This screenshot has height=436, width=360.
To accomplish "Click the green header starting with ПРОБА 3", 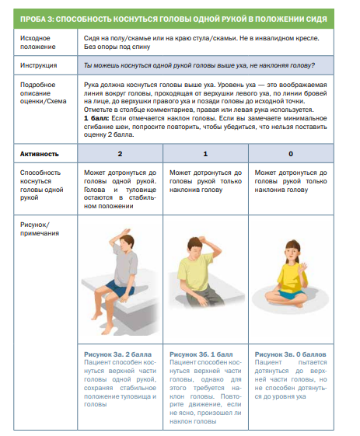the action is pyautogui.click(x=173, y=19).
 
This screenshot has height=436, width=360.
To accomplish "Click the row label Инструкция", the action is pyautogui.click(x=38, y=65).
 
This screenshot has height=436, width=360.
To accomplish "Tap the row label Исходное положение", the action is pyautogui.click(x=37, y=42).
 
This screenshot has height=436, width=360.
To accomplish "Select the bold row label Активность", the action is pyautogui.click(x=39, y=154).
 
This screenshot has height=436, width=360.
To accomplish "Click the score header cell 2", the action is pyautogui.click(x=120, y=154).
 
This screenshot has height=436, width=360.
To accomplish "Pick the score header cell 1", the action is pyautogui.click(x=205, y=154).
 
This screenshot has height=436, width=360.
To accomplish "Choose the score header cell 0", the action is pyautogui.click(x=291, y=154).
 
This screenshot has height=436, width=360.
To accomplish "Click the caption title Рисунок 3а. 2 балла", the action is pyautogui.click(x=117, y=354).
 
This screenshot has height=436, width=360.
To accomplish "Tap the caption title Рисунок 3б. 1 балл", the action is pyautogui.click(x=201, y=354).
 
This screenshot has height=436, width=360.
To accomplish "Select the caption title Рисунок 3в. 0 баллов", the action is pyautogui.click(x=290, y=354).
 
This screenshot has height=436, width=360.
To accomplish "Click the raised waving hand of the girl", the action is pyautogui.click(x=302, y=267).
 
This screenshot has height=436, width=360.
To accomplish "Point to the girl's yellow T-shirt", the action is pyautogui.click(x=292, y=277).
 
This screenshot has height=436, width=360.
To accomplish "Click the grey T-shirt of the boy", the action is pyautogui.click(x=125, y=267).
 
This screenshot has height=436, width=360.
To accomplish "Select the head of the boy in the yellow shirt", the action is pyautogui.click(x=196, y=247).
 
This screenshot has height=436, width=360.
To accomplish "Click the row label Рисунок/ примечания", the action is pyautogui.click(x=39, y=228).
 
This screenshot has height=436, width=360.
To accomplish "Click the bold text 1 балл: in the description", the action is pyautogui.click(x=96, y=118).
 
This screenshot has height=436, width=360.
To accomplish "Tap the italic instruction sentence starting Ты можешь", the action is pyautogui.click(x=199, y=65).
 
